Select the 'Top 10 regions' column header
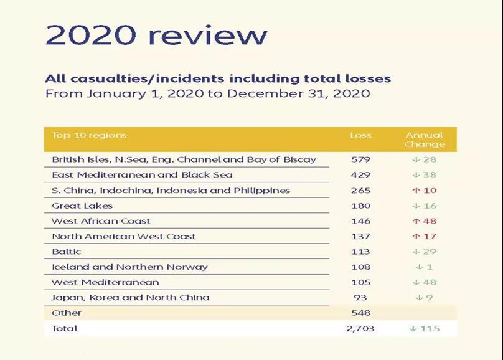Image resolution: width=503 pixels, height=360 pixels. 89,135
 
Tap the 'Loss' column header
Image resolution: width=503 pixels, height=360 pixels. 360,135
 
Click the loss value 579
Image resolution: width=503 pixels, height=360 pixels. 360,159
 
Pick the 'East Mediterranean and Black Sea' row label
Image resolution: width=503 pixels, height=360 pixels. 131,175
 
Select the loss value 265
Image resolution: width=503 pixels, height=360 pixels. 360,190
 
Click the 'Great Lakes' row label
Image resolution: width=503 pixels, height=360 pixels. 82,206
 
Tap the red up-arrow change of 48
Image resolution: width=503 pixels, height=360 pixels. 425,221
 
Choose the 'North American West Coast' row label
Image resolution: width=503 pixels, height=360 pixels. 124,236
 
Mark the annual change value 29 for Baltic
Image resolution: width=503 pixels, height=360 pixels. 425,252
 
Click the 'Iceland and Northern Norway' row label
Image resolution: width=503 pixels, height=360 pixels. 129,267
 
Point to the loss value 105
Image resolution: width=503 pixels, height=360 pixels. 360,282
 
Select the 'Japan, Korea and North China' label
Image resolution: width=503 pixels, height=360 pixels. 131,297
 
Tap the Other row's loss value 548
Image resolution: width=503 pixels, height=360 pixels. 360,313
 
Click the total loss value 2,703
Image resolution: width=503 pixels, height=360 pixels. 360,328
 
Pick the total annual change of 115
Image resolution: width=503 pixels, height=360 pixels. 425,328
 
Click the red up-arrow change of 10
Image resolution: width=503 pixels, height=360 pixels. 425,190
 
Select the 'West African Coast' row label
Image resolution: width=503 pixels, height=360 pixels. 101,221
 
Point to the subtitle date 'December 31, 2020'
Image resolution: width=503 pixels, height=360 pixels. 299,94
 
